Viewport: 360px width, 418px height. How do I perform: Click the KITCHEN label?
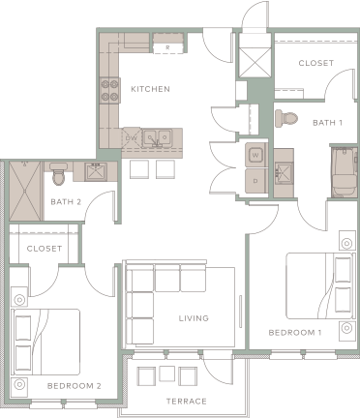(x=150, y=89)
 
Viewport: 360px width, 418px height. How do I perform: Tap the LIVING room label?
(x=194, y=318)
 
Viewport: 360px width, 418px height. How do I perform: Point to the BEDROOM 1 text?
(x=295, y=333)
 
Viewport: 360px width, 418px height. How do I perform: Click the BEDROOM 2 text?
(x=74, y=385)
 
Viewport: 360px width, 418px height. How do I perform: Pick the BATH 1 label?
(x=327, y=123)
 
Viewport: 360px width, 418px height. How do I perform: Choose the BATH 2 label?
(x=65, y=201)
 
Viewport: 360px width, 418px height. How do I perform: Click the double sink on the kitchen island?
(x=155, y=138)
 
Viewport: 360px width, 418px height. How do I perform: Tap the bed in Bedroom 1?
(x=320, y=286)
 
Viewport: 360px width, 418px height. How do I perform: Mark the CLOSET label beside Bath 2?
(x=45, y=249)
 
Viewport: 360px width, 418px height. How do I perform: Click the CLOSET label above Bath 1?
(x=315, y=64)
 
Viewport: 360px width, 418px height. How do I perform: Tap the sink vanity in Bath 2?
(x=98, y=174)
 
